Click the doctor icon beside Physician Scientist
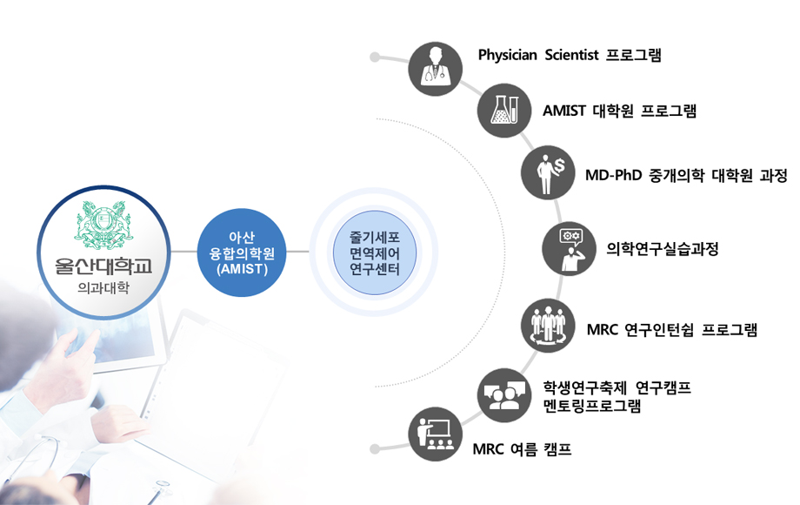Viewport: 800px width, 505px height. (x=436, y=69)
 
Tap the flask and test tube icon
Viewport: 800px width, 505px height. (x=504, y=111)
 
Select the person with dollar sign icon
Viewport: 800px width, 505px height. (x=548, y=172)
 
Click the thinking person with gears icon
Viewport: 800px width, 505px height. (x=569, y=249)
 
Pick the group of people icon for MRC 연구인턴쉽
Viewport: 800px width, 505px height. (x=548, y=326)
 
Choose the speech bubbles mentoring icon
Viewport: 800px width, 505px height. (x=504, y=394)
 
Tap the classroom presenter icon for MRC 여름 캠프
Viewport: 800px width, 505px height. (x=436, y=434)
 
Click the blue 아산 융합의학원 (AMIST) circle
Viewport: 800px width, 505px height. (x=242, y=252)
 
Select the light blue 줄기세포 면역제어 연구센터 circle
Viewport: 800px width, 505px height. (x=375, y=252)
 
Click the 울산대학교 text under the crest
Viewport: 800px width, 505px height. (x=103, y=266)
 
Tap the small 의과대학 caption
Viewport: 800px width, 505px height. (x=103, y=288)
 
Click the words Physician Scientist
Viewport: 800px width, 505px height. (x=538, y=55)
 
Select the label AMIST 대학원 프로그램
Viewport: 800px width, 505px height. (x=619, y=111)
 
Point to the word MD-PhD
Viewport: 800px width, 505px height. (x=613, y=175)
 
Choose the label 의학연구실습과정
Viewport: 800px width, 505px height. (x=663, y=249)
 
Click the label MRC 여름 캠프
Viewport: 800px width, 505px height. (x=522, y=449)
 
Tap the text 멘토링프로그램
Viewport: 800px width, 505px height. (x=592, y=407)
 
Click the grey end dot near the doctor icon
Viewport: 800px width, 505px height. (x=375, y=57)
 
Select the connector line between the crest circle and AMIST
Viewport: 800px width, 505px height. (x=183, y=252)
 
